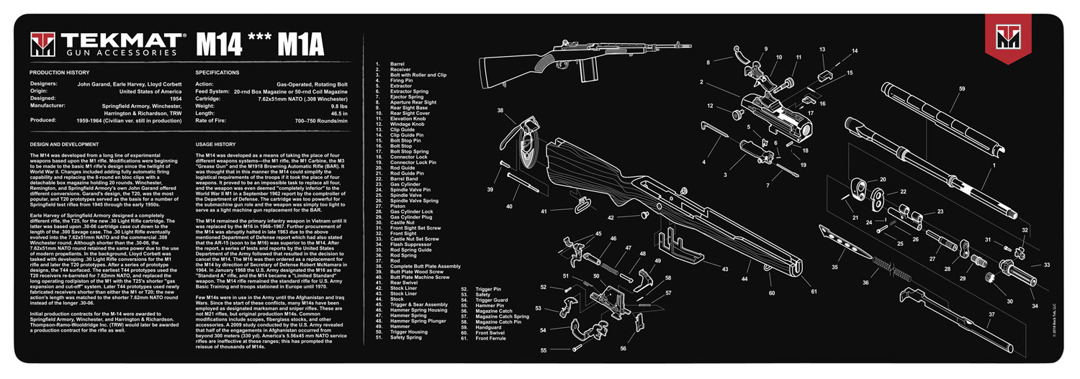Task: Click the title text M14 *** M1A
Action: (261, 45)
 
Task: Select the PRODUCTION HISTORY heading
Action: (60, 73)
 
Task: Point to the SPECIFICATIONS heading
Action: (217, 73)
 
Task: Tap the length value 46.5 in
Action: (336, 113)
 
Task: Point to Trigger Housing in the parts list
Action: (411, 332)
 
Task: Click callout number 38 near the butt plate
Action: (500, 111)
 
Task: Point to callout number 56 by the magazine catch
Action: (624, 348)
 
